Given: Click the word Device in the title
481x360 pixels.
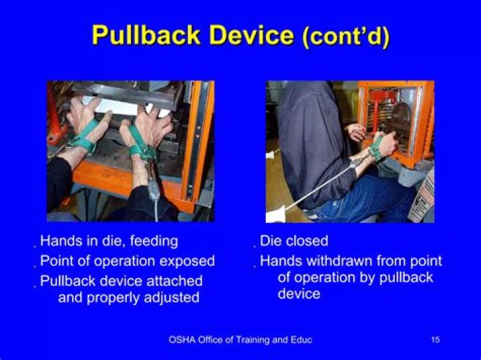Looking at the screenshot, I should click(251, 35).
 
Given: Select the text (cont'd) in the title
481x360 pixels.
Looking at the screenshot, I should click(345, 36).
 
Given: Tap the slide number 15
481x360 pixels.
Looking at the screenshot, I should click(436, 340).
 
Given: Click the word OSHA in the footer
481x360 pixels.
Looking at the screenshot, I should click(182, 340).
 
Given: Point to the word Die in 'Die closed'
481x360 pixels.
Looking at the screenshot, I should click(270, 241).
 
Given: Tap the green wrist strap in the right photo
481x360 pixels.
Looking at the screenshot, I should click(376, 148).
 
